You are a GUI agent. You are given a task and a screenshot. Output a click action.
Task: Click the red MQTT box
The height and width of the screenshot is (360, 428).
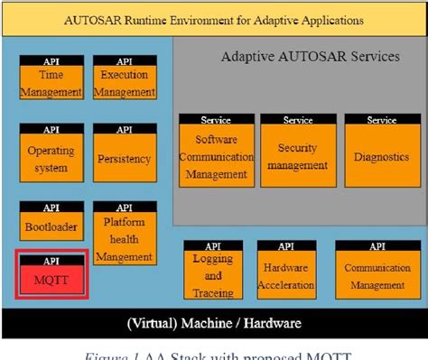coord(52,278)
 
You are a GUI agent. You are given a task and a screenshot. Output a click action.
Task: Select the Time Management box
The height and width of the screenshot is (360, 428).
coord(52,82)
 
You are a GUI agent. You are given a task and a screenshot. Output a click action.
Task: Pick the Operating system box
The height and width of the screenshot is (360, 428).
coord(52,157)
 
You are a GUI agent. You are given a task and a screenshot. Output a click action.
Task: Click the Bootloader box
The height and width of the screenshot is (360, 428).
coord(52,226)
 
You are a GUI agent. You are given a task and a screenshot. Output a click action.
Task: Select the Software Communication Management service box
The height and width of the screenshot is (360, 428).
coord(217,155)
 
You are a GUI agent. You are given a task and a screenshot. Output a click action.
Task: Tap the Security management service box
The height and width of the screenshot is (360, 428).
coord(297,155)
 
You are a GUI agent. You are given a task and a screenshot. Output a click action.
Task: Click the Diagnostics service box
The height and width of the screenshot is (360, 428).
coord(381,155)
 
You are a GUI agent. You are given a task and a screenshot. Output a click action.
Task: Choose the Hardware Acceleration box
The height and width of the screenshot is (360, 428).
coord(285,274)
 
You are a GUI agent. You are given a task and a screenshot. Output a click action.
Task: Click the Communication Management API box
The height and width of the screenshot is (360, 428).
coord(375,274)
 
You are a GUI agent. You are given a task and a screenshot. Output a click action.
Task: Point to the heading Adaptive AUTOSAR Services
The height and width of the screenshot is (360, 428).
coord(310,57)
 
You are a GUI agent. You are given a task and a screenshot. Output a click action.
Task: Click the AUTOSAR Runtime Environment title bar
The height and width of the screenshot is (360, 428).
coord(214,18)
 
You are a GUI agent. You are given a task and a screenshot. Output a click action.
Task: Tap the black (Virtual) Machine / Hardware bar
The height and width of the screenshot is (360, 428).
coord(214,322)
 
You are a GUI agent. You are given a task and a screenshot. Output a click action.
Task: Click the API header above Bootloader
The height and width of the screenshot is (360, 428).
coord(52,208)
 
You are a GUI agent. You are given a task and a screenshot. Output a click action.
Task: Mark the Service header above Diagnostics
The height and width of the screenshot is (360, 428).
coord(381,119)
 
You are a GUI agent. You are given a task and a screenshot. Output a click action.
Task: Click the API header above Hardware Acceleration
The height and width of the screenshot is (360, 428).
coord(285,245)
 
